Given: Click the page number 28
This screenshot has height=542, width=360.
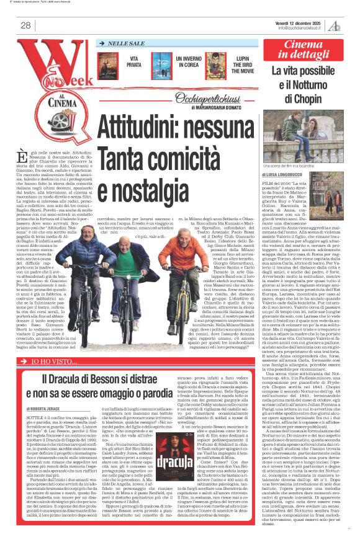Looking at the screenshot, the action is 26,25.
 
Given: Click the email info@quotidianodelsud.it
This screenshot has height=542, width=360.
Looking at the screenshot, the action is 302,27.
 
